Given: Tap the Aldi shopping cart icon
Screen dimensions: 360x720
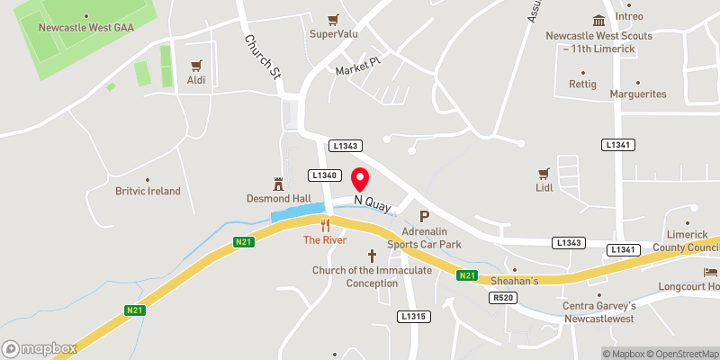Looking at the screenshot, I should (196, 65).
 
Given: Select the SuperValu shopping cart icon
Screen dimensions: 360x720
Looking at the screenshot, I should (334, 19).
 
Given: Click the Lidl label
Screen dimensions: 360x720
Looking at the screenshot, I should (543, 188).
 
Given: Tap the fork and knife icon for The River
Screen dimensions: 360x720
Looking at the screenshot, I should (325, 226).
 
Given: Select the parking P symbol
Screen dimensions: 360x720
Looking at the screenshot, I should (425, 216).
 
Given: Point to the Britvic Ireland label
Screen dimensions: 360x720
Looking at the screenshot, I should (148, 191).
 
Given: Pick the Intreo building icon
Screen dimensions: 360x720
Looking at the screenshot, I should (598, 22).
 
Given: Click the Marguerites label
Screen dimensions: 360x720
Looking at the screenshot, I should (637, 94).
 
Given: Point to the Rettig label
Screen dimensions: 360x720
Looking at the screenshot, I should (582, 85).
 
